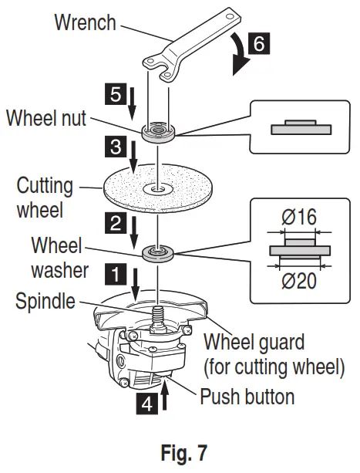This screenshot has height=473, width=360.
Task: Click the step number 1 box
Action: click(114, 272)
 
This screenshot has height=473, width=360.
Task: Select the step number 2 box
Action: click(114, 224)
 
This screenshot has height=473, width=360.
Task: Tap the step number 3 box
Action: click(114, 144)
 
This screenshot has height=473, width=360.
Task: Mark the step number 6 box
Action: click(261, 44)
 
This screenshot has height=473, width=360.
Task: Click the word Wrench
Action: click(85, 22)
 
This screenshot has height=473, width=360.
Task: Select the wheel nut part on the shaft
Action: click(159, 130)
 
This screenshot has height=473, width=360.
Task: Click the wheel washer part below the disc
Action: click(159, 252)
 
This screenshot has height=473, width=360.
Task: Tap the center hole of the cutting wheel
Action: click(158, 188)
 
